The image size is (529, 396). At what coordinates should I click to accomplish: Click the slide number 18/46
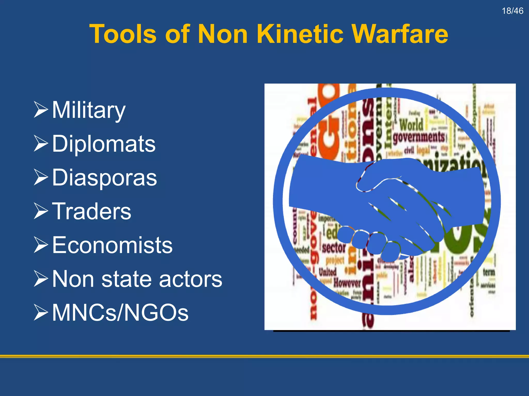point(512,11)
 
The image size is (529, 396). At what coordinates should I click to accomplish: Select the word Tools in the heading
point(123,34)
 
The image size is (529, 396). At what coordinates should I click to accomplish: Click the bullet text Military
point(89,110)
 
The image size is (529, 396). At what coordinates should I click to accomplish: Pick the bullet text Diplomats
point(104,144)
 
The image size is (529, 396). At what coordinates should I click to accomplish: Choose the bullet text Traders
point(91,211)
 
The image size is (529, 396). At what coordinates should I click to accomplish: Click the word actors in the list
point(190,279)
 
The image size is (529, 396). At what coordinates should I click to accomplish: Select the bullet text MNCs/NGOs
point(120,312)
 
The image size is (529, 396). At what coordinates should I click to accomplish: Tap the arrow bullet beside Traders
point(41,211)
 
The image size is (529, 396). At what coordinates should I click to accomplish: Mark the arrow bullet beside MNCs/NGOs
point(41,312)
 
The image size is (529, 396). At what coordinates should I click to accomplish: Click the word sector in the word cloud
point(334,248)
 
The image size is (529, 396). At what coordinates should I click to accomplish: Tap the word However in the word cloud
point(347,283)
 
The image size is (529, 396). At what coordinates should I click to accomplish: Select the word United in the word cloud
point(327,272)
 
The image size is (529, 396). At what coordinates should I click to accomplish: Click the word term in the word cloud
point(489,272)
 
